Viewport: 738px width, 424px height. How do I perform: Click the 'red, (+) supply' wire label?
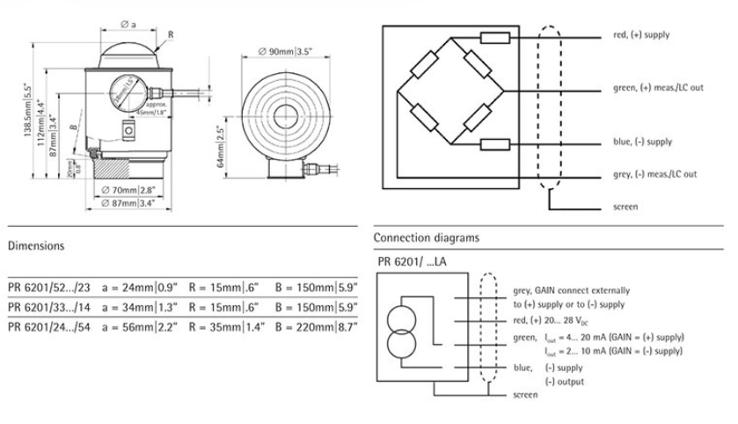[641, 35]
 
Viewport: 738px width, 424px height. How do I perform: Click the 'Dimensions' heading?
[36, 246]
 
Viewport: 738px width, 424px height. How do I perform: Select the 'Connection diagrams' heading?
[427, 238]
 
